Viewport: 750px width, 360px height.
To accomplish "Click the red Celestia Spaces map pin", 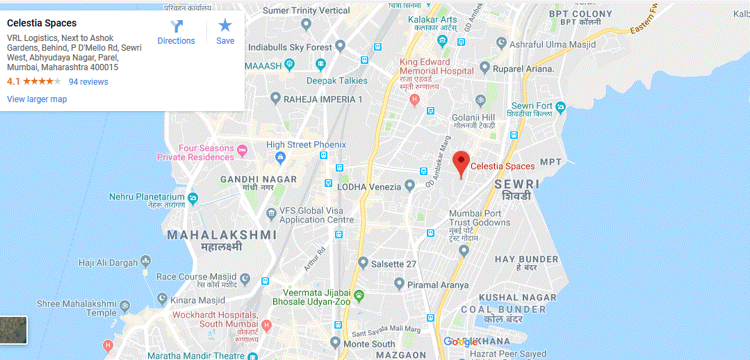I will click(460, 163).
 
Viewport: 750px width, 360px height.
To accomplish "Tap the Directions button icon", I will click(176, 27).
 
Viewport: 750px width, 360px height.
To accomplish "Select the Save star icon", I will click(225, 26).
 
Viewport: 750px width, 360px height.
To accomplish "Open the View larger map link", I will click(37, 99).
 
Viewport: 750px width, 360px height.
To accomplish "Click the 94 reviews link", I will click(88, 82).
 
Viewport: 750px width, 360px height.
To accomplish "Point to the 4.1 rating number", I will click(13, 82).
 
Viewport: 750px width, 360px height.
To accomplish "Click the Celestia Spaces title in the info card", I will click(42, 23).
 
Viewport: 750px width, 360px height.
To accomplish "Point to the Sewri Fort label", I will click(534, 106).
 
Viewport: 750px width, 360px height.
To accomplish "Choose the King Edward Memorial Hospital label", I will click(436, 67).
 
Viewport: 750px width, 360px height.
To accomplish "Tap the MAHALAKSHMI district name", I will click(222, 235).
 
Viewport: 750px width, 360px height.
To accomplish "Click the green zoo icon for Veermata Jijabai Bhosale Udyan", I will click(359, 296).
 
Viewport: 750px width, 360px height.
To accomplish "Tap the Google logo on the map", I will click(460, 341).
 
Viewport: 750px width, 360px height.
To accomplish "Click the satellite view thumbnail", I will click(13, 330).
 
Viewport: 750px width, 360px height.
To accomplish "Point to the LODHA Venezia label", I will click(369, 186).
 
